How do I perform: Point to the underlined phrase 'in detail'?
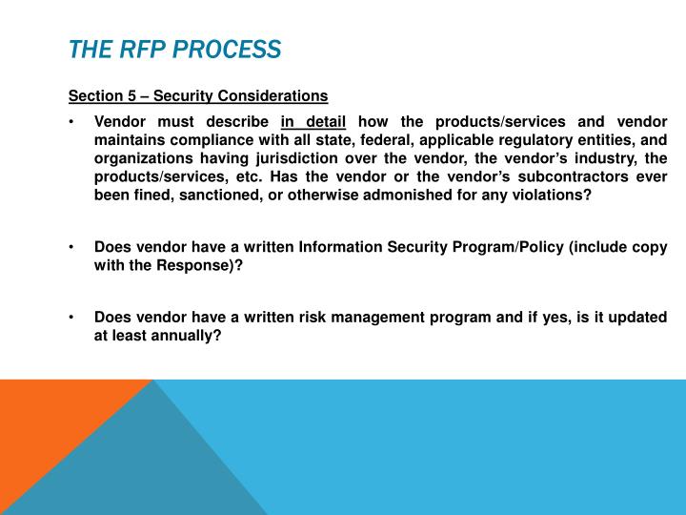pyautogui.click(x=313, y=122)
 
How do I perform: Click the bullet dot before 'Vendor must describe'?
pyautogui.click(x=72, y=122)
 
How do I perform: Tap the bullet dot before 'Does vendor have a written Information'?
pyautogui.click(x=72, y=247)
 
